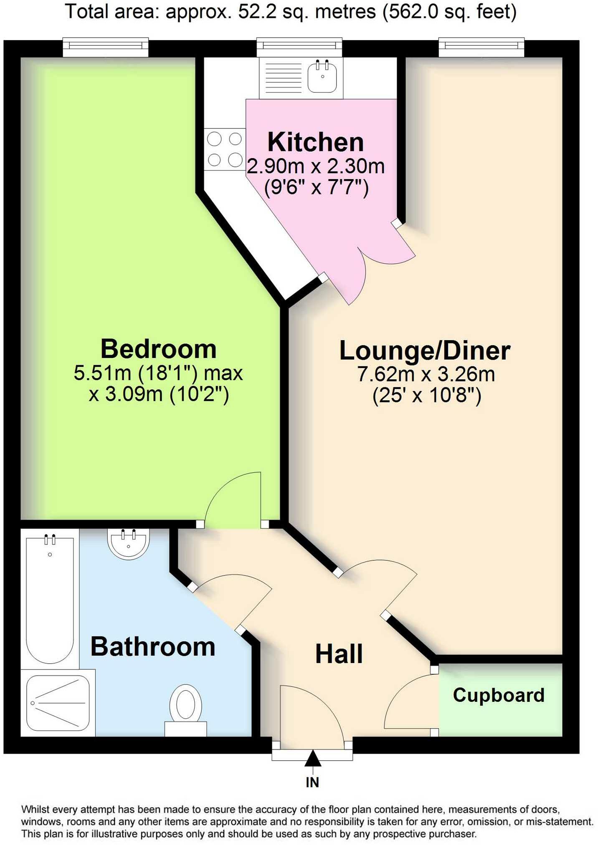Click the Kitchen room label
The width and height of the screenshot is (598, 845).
point(315,142)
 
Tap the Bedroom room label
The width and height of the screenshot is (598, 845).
point(158,349)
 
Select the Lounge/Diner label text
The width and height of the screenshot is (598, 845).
point(425,351)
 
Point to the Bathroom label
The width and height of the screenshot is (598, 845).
point(153,647)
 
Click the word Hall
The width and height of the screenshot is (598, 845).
point(339,654)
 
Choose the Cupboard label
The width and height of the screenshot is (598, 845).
point(499,695)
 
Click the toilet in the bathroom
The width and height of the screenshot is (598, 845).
point(186,708)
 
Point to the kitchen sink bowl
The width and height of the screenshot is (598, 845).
point(322,77)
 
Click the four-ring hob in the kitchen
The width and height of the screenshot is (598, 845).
point(225,149)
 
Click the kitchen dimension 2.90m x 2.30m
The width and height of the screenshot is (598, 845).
point(315,166)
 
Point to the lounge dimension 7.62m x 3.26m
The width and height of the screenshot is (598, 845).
point(426,374)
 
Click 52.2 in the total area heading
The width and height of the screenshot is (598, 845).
point(255,12)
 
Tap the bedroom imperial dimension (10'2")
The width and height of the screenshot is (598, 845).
point(199,394)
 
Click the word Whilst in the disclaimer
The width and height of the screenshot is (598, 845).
point(36,810)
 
